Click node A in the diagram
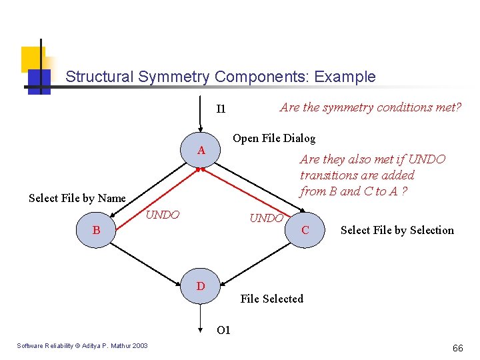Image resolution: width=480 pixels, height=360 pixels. (x=201, y=151)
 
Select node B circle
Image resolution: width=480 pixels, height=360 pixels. (x=97, y=230)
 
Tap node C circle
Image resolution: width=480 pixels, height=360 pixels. (x=305, y=230)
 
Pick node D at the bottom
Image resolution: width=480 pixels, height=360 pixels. (x=200, y=287)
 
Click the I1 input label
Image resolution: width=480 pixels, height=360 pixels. (x=221, y=109)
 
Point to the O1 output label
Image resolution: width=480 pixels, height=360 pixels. (x=223, y=330)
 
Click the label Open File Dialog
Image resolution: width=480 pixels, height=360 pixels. (x=273, y=138)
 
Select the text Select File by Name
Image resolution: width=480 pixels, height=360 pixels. (x=77, y=198)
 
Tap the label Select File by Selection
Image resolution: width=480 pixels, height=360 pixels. (x=397, y=230)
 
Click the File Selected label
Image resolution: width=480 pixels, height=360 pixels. (x=271, y=299)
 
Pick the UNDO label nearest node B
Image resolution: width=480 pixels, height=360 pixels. (x=162, y=215)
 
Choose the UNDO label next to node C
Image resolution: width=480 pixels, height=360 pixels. (x=266, y=218)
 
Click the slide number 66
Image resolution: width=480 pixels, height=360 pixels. (x=457, y=348)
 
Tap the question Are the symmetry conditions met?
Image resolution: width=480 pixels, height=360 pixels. (x=370, y=107)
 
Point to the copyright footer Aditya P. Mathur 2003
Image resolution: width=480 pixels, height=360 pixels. (x=83, y=345)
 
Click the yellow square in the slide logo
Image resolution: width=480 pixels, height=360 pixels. (x=31, y=58)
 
